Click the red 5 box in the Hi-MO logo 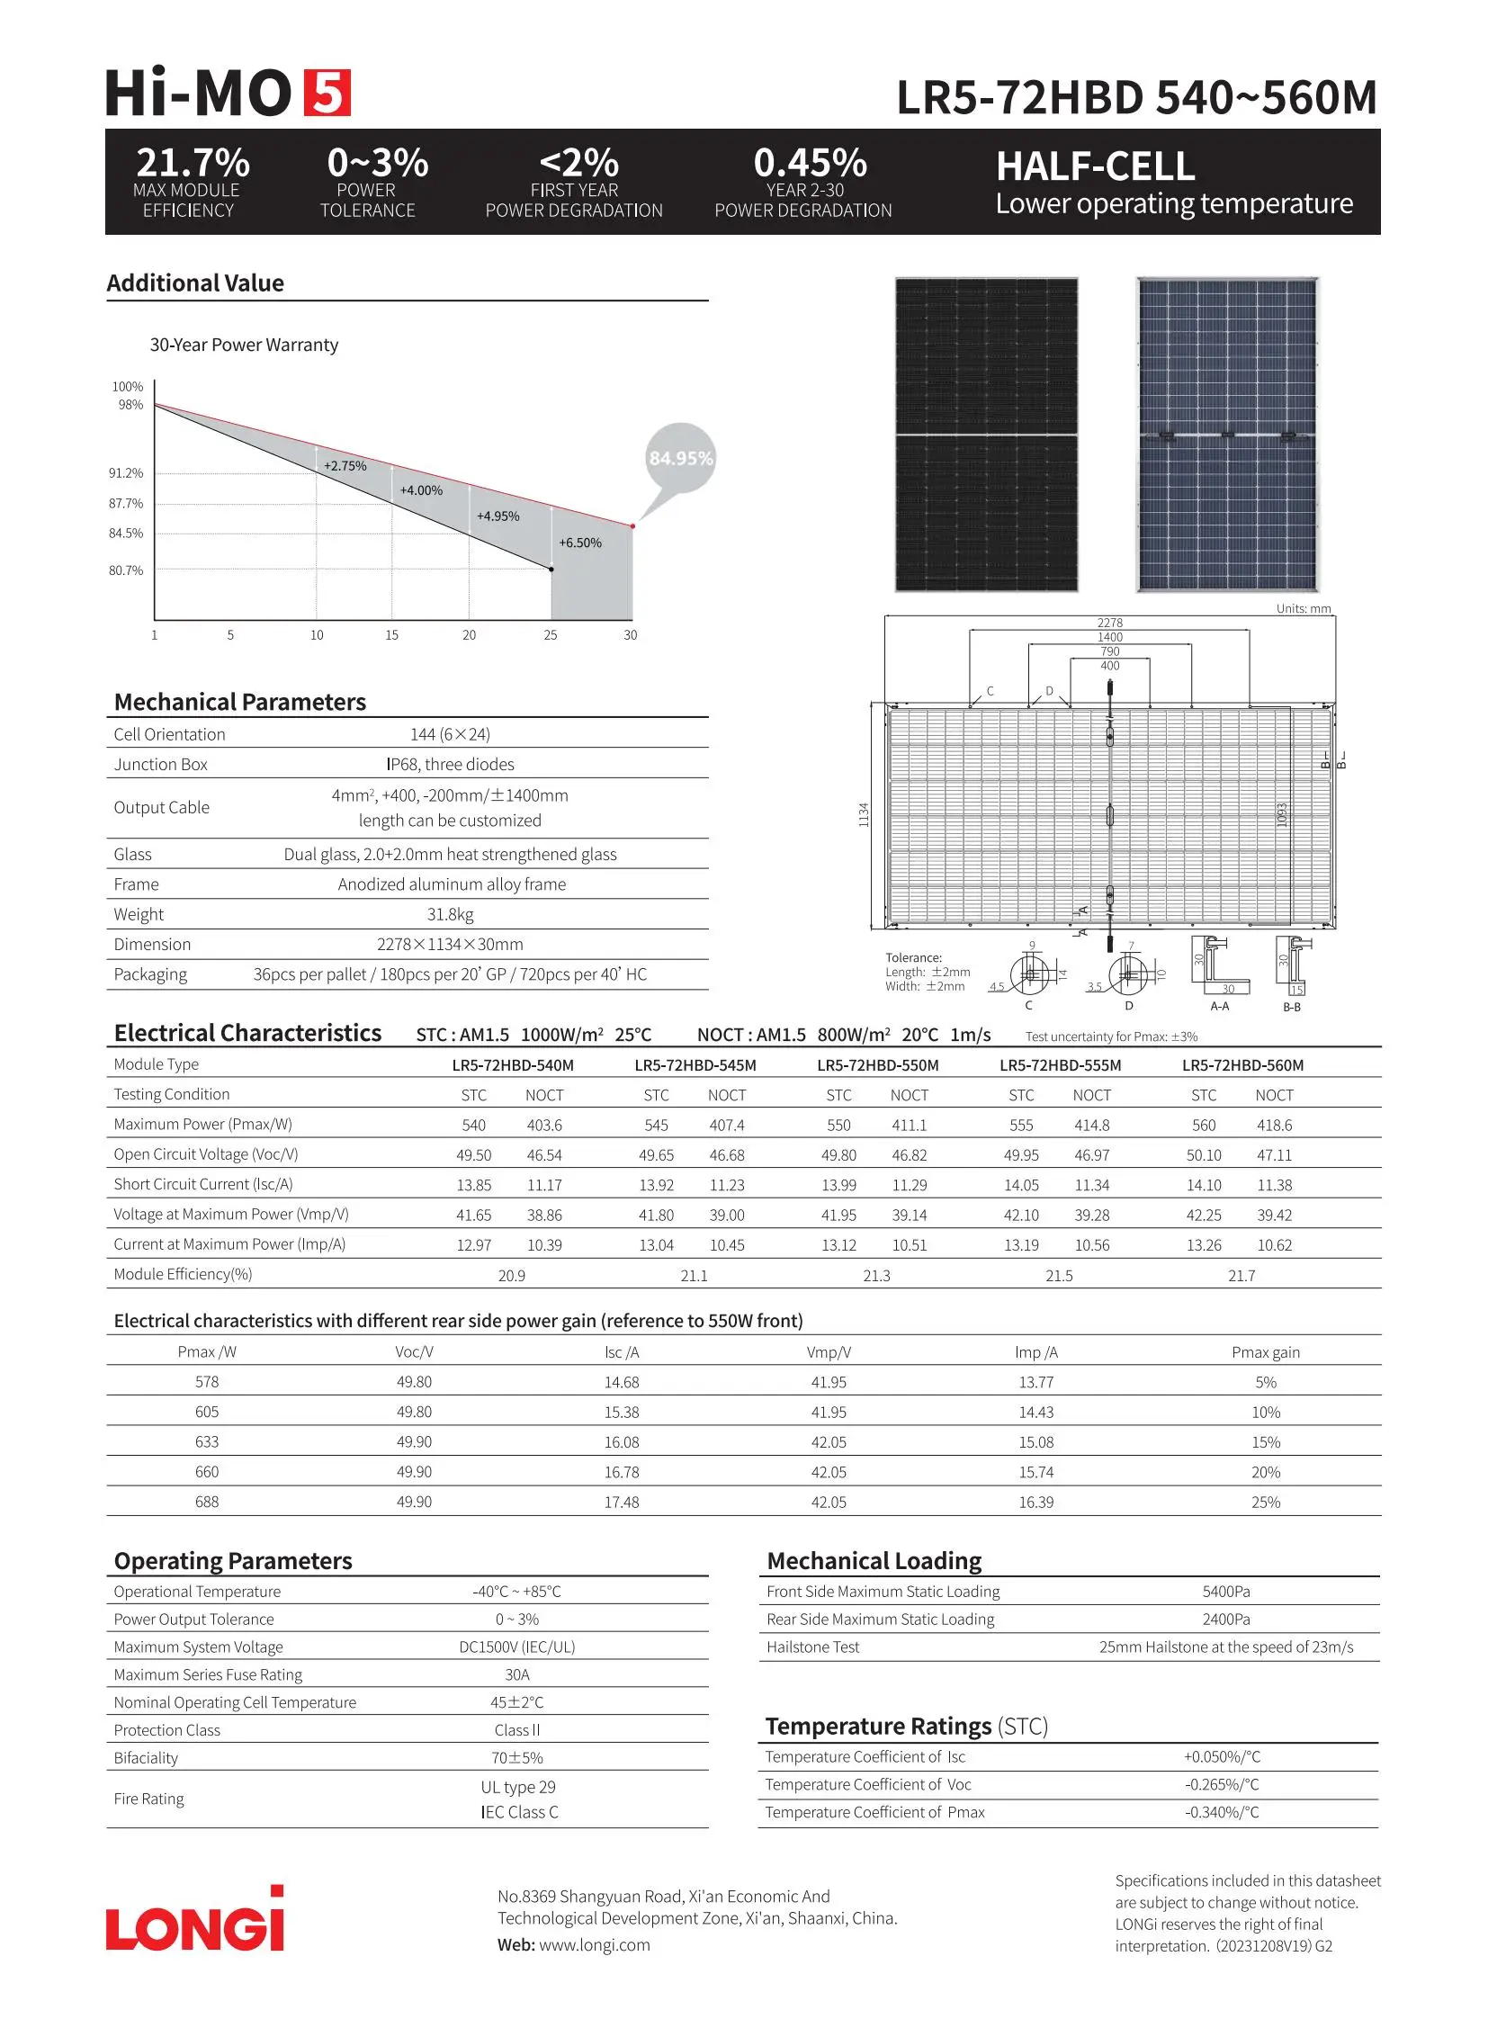pyautogui.click(x=326, y=93)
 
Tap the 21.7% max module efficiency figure pyautogui.click(x=193, y=163)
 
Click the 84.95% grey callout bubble pyautogui.click(x=681, y=459)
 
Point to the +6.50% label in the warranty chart pyautogui.click(x=580, y=543)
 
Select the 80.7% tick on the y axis pyautogui.click(x=126, y=571)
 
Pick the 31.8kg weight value pyautogui.click(x=451, y=914)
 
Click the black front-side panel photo pyautogui.click(x=986, y=435)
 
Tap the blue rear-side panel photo pyautogui.click(x=1227, y=435)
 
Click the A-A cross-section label pyautogui.click(x=1220, y=1006)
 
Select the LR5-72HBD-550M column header pyautogui.click(x=877, y=1066)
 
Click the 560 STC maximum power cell pyautogui.click(x=1204, y=1126)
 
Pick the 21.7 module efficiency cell pyautogui.click(x=1241, y=1276)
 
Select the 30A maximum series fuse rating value pyautogui.click(x=517, y=1674)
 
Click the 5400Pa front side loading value pyautogui.click(x=1226, y=1592)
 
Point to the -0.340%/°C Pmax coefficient pyautogui.click(x=1222, y=1813)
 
